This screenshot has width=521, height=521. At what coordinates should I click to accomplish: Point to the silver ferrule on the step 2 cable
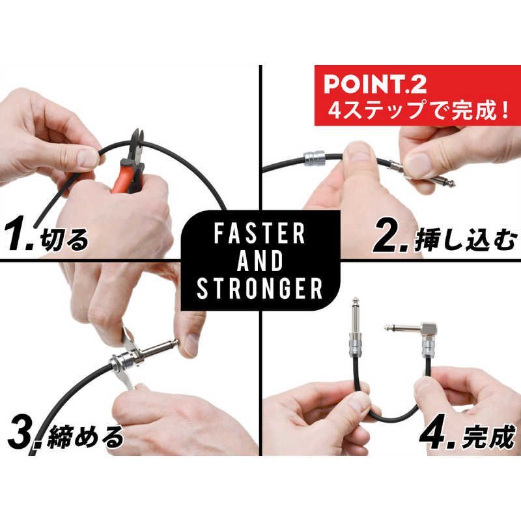(315, 158)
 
